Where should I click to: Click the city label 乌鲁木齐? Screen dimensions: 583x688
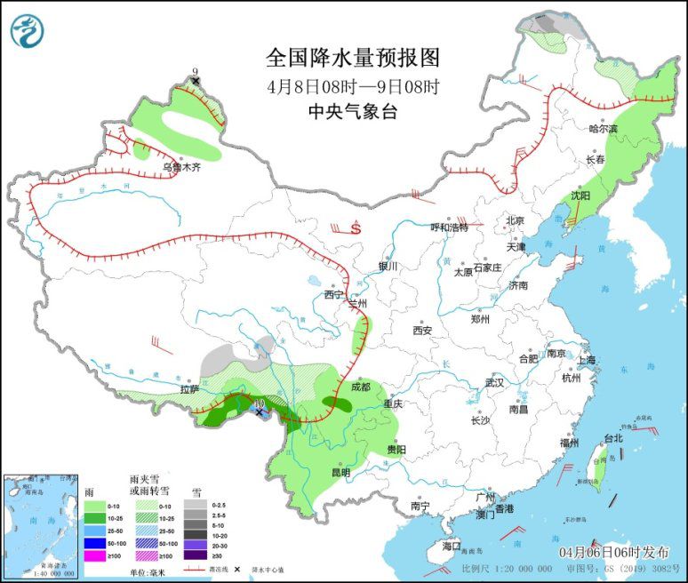point(180,166)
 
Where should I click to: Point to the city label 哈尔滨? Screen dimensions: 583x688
point(603,128)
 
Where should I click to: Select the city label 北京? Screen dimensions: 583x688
point(515,220)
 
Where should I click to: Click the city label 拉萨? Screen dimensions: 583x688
point(189,388)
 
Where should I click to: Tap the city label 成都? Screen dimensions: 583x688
point(360,387)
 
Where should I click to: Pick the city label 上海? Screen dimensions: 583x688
point(586,360)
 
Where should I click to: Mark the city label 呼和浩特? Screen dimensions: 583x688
point(449,228)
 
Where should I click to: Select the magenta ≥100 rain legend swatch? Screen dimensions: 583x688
point(94,555)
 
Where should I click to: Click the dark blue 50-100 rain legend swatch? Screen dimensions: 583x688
point(94,541)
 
